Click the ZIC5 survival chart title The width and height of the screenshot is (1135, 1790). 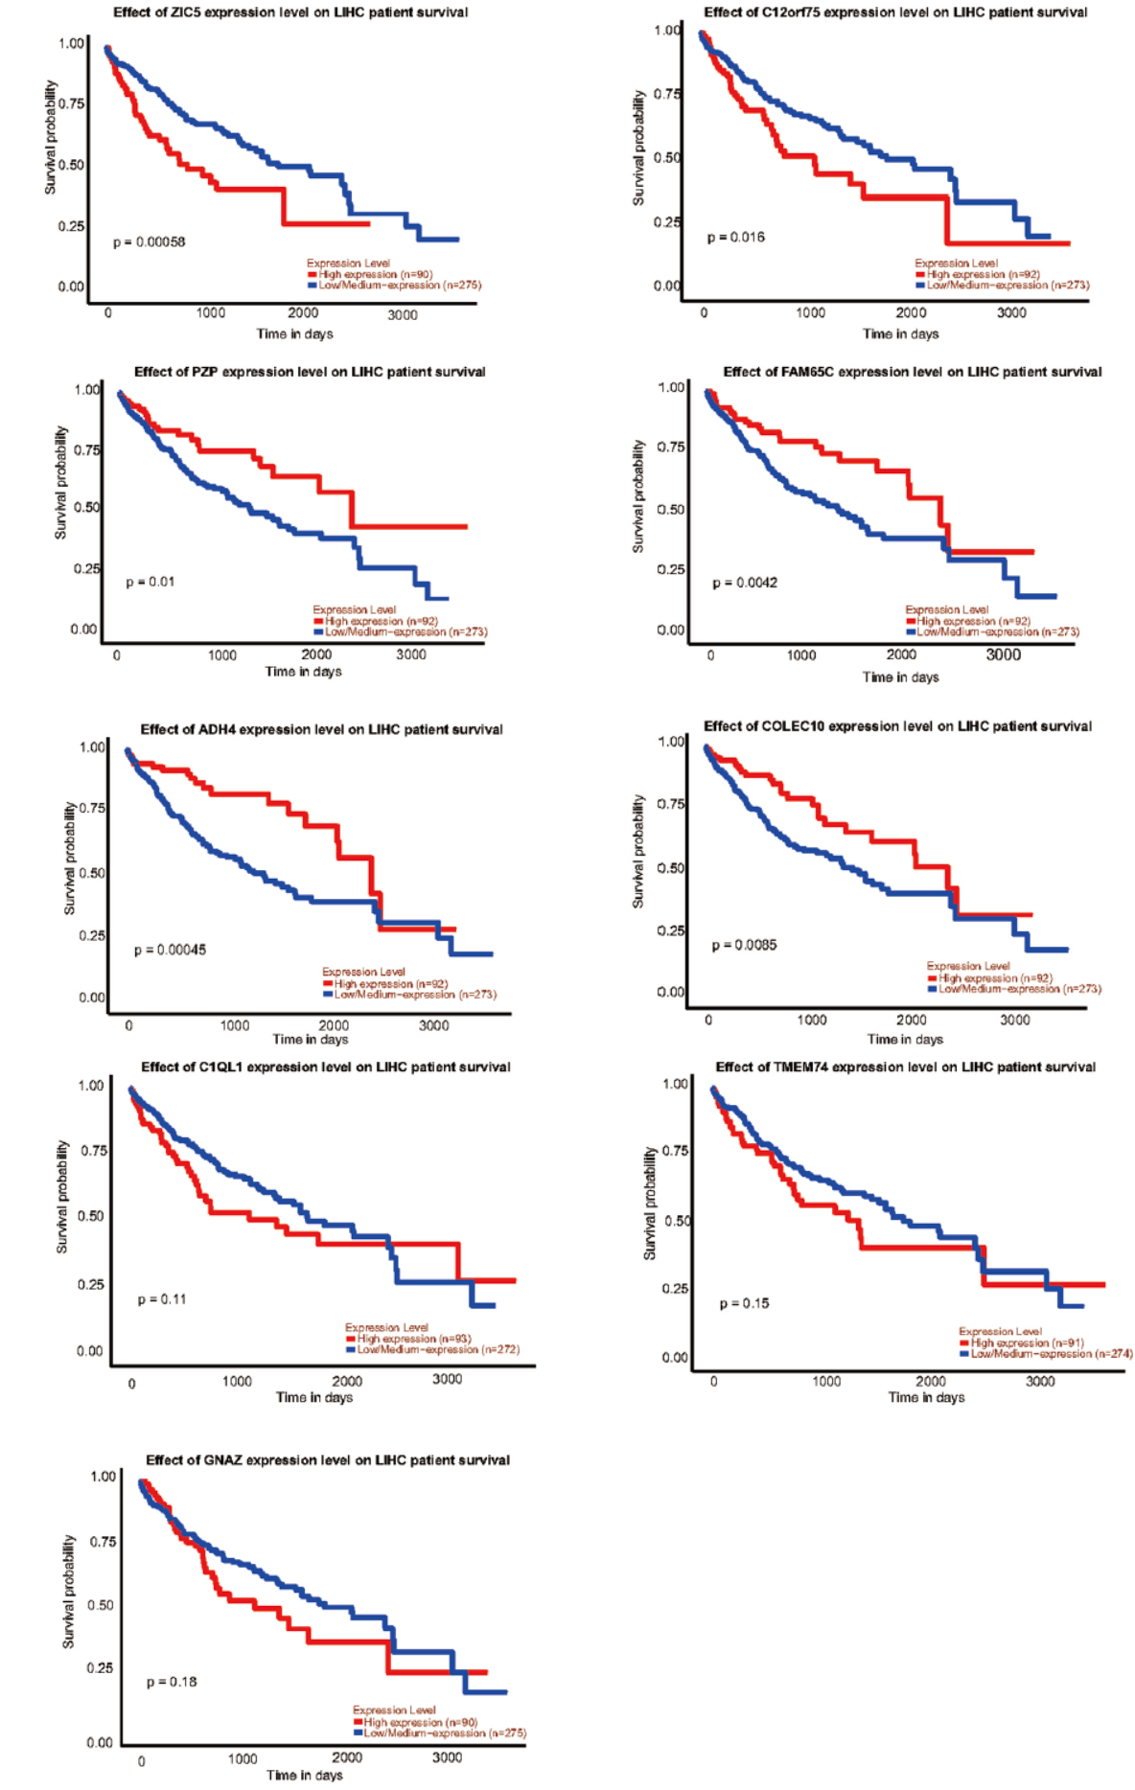tap(290, 12)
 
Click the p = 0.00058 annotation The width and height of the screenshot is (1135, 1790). tap(149, 242)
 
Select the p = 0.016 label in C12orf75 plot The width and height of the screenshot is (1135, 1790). tap(736, 238)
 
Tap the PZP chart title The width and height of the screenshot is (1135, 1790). tap(310, 372)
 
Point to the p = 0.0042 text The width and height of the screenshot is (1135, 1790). tap(745, 583)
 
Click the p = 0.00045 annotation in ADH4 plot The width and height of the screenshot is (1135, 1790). tap(170, 950)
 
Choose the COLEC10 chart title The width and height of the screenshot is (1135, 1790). tap(897, 726)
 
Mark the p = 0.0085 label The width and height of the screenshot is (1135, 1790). tap(744, 945)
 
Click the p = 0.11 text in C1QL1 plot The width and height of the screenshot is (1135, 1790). tap(162, 1299)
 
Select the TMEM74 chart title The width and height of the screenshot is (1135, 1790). tap(905, 1067)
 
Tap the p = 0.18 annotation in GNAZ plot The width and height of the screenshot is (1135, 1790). tap(172, 1682)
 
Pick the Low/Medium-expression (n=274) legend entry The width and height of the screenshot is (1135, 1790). tap(1051, 1353)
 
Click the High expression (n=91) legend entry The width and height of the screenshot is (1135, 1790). tap(1027, 1342)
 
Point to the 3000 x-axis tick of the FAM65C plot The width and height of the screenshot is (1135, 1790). tap(1004, 654)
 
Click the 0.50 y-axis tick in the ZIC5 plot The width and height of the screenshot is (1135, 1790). tap(71, 165)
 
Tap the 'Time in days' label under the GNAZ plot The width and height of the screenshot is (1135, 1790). tap(304, 1775)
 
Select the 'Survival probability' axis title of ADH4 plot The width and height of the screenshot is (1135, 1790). tap(69, 859)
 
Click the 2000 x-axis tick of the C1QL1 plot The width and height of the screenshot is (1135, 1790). tap(347, 1381)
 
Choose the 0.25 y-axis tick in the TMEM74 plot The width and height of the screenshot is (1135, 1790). tap(675, 1288)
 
